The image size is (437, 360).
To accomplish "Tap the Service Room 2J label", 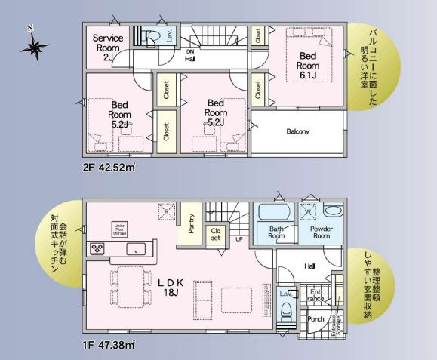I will click(x=107, y=45).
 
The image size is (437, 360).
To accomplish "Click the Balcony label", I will click(x=297, y=131).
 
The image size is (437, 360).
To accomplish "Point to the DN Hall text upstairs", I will click(x=191, y=54).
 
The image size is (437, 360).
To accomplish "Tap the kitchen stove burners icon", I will click(x=97, y=248).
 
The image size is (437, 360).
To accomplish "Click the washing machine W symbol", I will click(x=308, y=212).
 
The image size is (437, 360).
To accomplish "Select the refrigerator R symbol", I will click(x=168, y=213).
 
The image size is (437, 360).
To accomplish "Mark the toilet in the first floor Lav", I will click(x=287, y=311).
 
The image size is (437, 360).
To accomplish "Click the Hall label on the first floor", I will click(x=310, y=266).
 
